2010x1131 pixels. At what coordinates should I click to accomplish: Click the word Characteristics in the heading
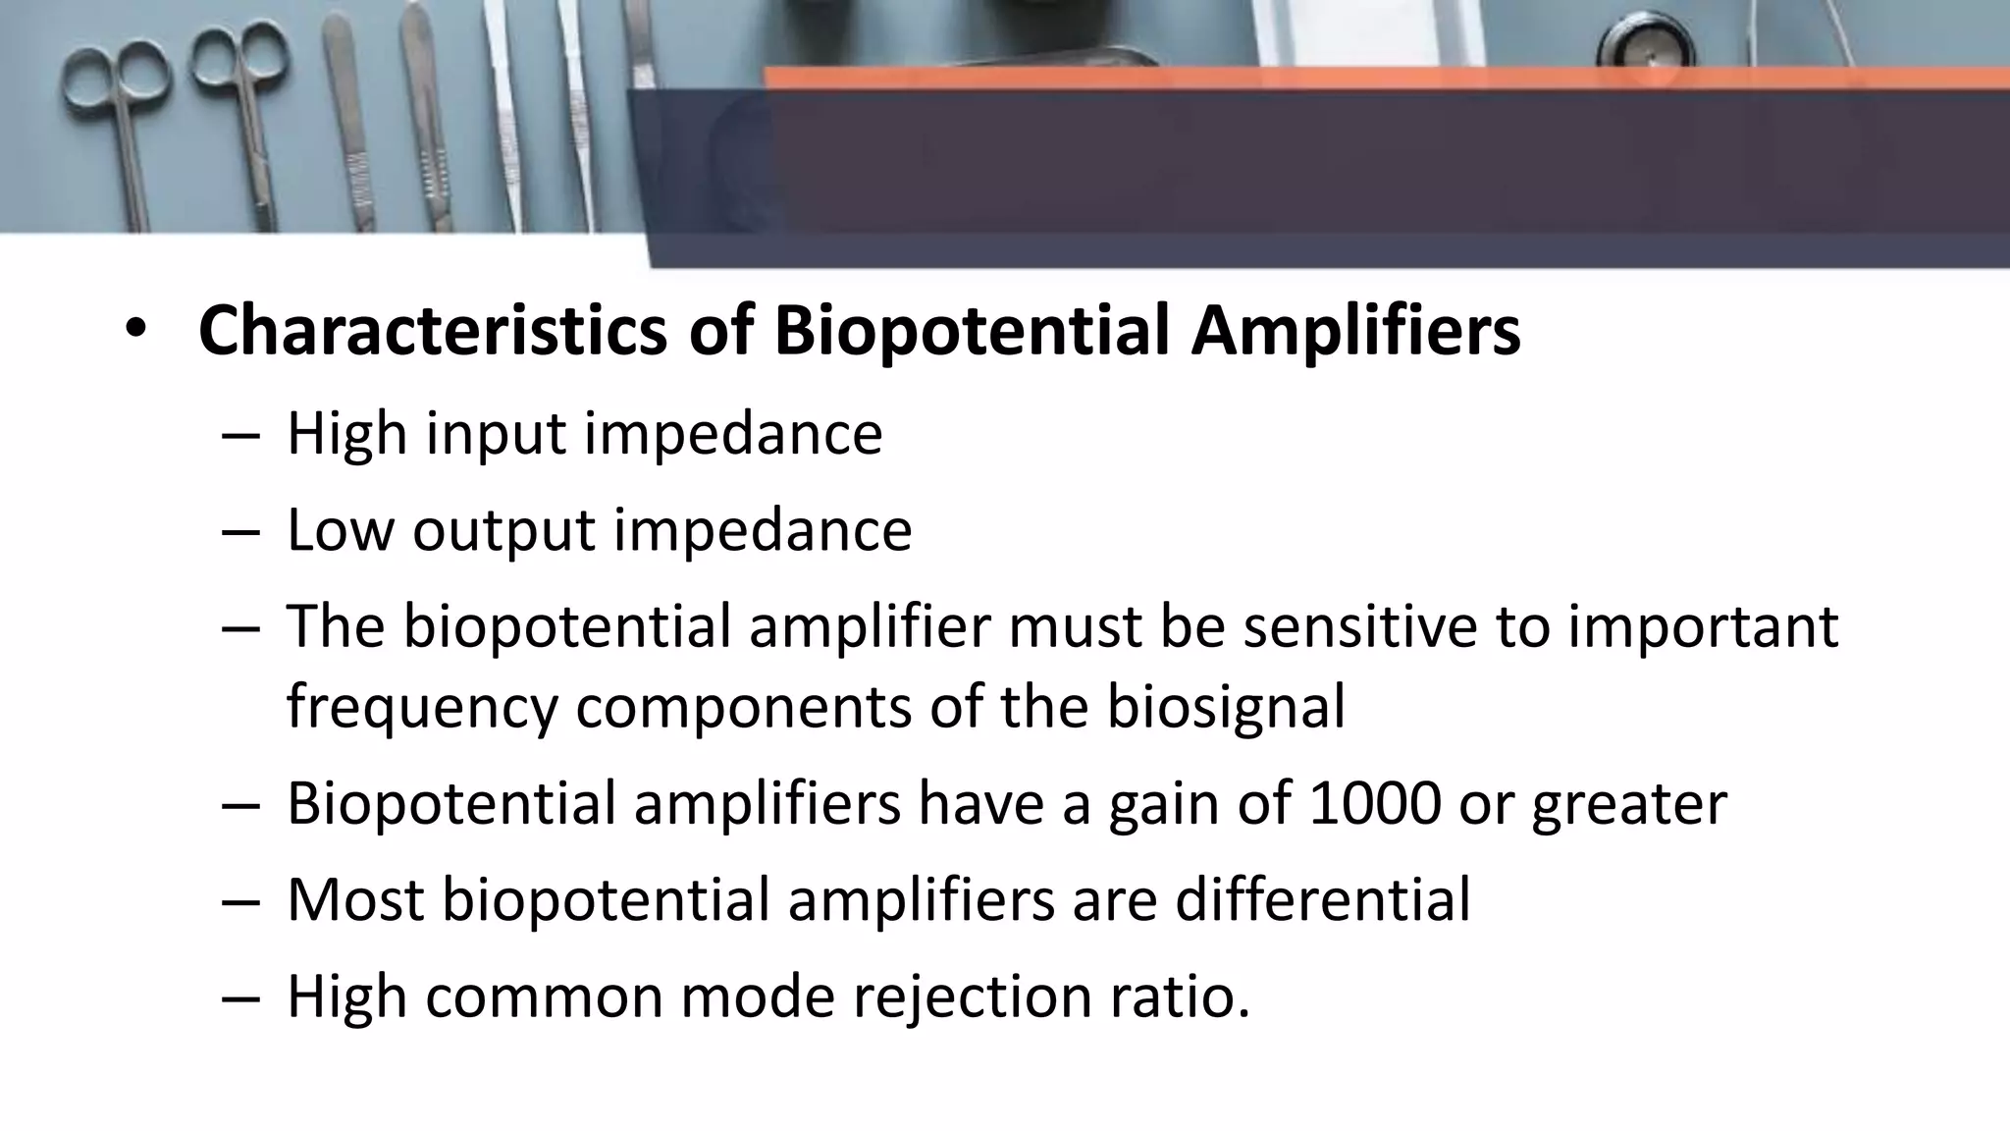pyautogui.click(x=433, y=331)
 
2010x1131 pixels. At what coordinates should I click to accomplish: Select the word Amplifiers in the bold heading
pyautogui.click(x=1355, y=331)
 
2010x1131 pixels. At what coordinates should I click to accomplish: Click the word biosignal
pyautogui.click(x=1226, y=707)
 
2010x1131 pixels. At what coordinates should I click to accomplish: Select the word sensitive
pyautogui.click(x=1360, y=626)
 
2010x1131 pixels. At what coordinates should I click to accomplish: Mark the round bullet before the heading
pyautogui.click(x=134, y=331)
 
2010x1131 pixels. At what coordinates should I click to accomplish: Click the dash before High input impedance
pyautogui.click(x=240, y=436)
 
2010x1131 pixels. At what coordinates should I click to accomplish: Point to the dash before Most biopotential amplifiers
pyautogui.click(x=240, y=900)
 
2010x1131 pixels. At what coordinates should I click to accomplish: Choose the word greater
pyautogui.click(x=1629, y=805)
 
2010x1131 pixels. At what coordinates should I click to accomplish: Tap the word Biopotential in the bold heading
pyautogui.click(x=972, y=331)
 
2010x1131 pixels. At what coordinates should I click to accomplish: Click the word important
pyautogui.click(x=1703, y=626)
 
